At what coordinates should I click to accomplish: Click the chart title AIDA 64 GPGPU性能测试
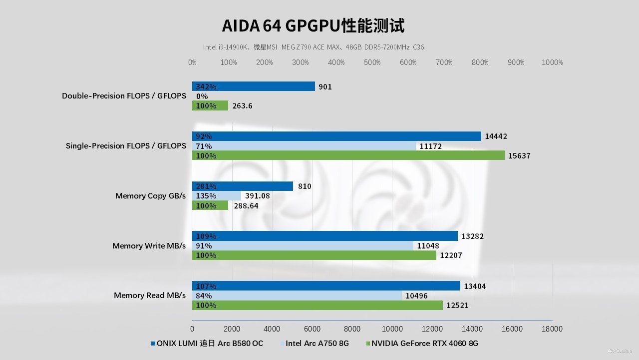click(313, 25)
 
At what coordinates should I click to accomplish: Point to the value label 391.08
click(257, 196)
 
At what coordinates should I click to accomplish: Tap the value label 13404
click(474, 286)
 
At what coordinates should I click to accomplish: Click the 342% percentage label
click(206, 87)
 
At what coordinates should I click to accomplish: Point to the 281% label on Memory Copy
click(206, 186)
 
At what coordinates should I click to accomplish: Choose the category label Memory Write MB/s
click(149, 245)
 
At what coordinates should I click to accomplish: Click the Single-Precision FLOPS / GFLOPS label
click(126, 146)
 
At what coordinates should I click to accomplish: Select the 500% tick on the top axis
click(372, 62)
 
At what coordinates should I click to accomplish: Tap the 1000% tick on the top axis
click(552, 62)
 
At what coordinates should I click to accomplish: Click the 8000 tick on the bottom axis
click(352, 329)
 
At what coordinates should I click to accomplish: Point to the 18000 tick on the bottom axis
click(552, 329)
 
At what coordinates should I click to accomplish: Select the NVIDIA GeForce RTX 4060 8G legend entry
click(424, 343)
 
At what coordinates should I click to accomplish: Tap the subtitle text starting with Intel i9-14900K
click(313, 47)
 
